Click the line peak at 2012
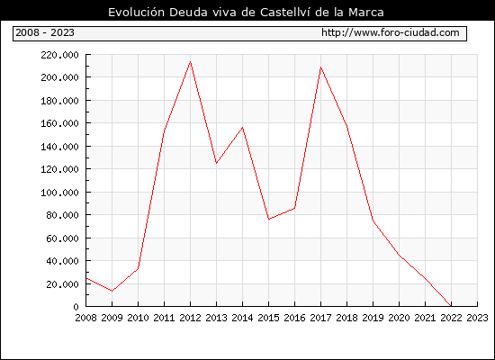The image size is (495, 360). (x=191, y=61)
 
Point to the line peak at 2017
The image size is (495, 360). (x=320, y=67)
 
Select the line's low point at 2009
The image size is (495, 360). (x=112, y=291)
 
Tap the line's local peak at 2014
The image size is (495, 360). (x=242, y=127)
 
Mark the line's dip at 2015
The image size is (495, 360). (x=269, y=220)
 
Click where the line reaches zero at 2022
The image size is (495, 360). (x=451, y=306)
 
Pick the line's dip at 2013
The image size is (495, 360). (x=216, y=163)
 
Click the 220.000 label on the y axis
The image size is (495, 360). (x=59, y=55)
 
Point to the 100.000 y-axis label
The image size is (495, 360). (x=59, y=193)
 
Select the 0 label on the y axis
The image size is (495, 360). (x=76, y=307)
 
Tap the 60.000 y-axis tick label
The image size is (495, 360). (x=62, y=238)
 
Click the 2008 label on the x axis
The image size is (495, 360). (x=85, y=318)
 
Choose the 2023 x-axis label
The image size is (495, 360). (x=477, y=318)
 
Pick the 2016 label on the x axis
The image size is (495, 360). (x=294, y=318)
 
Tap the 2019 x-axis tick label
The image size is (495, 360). (x=373, y=318)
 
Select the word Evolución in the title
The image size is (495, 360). (x=137, y=13)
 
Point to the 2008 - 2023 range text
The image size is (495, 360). (x=45, y=32)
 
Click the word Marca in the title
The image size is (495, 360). (x=366, y=13)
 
